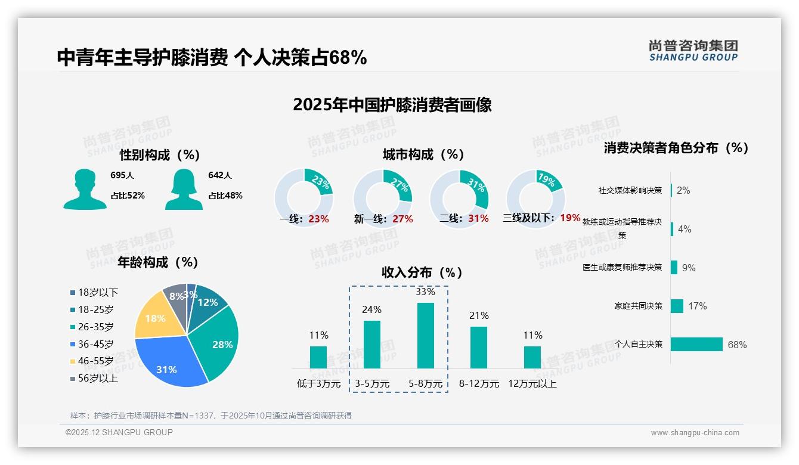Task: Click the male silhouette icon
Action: (85, 189)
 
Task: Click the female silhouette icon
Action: (184, 189)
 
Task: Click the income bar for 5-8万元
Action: (426, 336)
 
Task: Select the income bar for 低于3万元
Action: (318, 357)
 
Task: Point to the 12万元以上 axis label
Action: (532, 384)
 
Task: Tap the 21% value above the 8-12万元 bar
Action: (479, 315)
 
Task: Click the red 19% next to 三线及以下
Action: (570, 218)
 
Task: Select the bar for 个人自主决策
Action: (696, 345)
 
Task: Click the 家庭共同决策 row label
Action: (638, 306)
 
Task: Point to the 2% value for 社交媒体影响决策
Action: (683, 191)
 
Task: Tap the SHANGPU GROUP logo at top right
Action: (693, 51)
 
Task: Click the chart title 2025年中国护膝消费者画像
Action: (392, 105)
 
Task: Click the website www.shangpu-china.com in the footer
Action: (695, 433)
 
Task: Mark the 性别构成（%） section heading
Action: (159, 155)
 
